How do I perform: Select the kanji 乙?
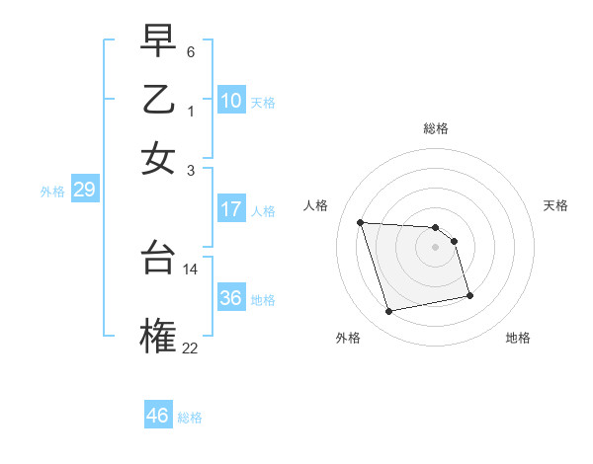pyautogui.click(x=158, y=100)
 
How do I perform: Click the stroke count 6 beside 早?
pyautogui.click(x=191, y=51)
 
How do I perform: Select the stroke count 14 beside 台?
pyautogui.click(x=191, y=269)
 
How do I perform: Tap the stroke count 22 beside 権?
pyautogui.click(x=191, y=347)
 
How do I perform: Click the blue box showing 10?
pyautogui.click(x=231, y=101)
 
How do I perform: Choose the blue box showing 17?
pyautogui.click(x=231, y=209)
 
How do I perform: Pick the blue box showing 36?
pyautogui.click(x=231, y=298)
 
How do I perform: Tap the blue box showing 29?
pyautogui.click(x=84, y=191)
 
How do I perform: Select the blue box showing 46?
pyautogui.click(x=158, y=416)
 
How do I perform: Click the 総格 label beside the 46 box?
pyautogui.click(x=190, y=418)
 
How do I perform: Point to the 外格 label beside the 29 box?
pyautogui.click(x=52, y=193)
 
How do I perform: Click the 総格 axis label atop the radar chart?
pyautogui.click(x=436, y=128)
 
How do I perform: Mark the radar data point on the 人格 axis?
pyautogui.click(x=361, y=222)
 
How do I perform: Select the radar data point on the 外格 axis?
pyautogui.click(x=389, y=312)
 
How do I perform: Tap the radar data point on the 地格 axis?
pyautogui.click(x=469, y=294)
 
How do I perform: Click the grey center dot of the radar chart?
pyautogui.click(x=436, y=247)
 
